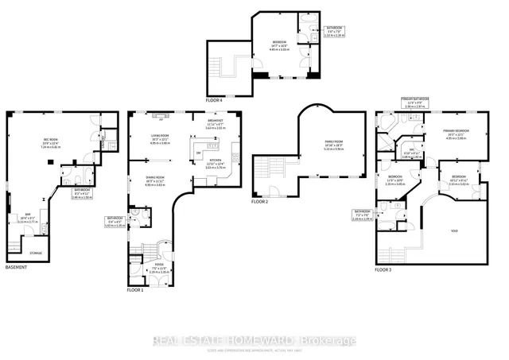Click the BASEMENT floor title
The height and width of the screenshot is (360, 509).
[16, 267]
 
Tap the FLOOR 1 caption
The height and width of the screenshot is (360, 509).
[135, 290]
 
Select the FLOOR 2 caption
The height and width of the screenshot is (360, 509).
[262, 202]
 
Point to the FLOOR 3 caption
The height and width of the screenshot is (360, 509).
[384, 270]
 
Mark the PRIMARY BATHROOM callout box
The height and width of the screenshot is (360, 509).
[418, 103]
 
